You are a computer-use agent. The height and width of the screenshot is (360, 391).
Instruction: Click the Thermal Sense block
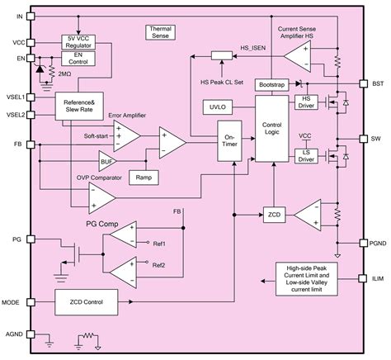[x=160, y=32]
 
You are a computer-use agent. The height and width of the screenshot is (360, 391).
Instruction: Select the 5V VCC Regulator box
[x=78, y=42]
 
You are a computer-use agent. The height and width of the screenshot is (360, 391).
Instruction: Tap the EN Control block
[x=78, y=59]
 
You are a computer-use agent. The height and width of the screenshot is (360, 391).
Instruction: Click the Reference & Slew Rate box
[x=79, y=106]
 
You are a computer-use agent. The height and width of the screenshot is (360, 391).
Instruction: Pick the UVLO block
[x=218, y=107]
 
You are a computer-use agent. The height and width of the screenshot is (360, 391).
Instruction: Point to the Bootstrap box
[x=271, y=85]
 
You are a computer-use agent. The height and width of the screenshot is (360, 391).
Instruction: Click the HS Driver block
[x=306, y=102]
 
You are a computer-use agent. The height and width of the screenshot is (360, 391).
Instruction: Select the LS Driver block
[x=306, y=156]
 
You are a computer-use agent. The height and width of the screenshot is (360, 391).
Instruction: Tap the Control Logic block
[x=272, y=129]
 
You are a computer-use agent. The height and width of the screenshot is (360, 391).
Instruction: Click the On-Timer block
[x=229, y=140]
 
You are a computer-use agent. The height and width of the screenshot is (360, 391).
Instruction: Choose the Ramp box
[x=144, y=178]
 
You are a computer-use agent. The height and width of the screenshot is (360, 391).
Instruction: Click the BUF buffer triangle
[x=106, y=161]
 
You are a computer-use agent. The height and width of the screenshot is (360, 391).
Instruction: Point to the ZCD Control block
[x=87, y=302]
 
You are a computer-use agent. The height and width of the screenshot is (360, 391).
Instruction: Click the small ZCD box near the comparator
[x=274, y=215]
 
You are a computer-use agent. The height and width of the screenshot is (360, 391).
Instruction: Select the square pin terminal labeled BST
[x=364, y=83]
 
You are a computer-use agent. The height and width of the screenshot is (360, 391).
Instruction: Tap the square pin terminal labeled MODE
[x=31, y=302]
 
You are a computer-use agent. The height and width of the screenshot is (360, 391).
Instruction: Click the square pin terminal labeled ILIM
[x=363, y=278]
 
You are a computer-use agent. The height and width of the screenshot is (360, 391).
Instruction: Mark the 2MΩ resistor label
[x=64, y=74]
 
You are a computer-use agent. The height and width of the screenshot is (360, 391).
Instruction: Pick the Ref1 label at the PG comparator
[x=159, y=244]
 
